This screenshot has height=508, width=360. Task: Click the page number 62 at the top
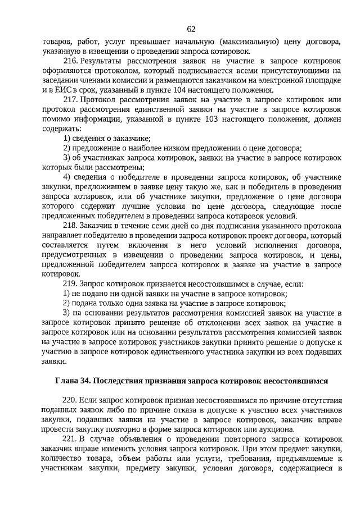pyautogui.click(x=191, y=29)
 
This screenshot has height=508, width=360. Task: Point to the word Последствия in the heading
pyautogui.click(x=119, y=380)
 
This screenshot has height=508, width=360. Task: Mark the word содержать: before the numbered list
pyautogui.click(x=60, y=129)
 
